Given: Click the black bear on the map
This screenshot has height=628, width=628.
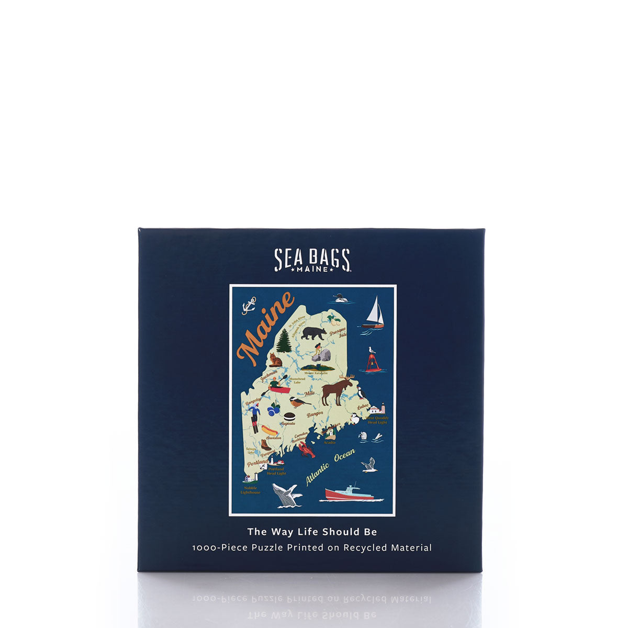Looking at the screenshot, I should pos(313,332).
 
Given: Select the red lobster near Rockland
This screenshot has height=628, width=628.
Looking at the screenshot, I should pos(306,449).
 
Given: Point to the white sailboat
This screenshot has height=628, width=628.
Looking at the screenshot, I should pos(374,312).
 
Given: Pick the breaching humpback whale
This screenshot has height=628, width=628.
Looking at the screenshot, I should pos(286,494).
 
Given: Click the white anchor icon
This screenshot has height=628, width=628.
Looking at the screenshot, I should pos(249,305).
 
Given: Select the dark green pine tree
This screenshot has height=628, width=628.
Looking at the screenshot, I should pos(284,341).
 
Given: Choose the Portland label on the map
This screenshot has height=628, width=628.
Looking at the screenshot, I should pos(257,463).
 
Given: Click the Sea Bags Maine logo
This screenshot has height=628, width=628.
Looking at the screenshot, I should pos(312,260).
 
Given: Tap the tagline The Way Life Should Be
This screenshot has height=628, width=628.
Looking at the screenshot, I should pos(312,532).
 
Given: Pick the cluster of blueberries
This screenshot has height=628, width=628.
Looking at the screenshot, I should pos(273,408).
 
